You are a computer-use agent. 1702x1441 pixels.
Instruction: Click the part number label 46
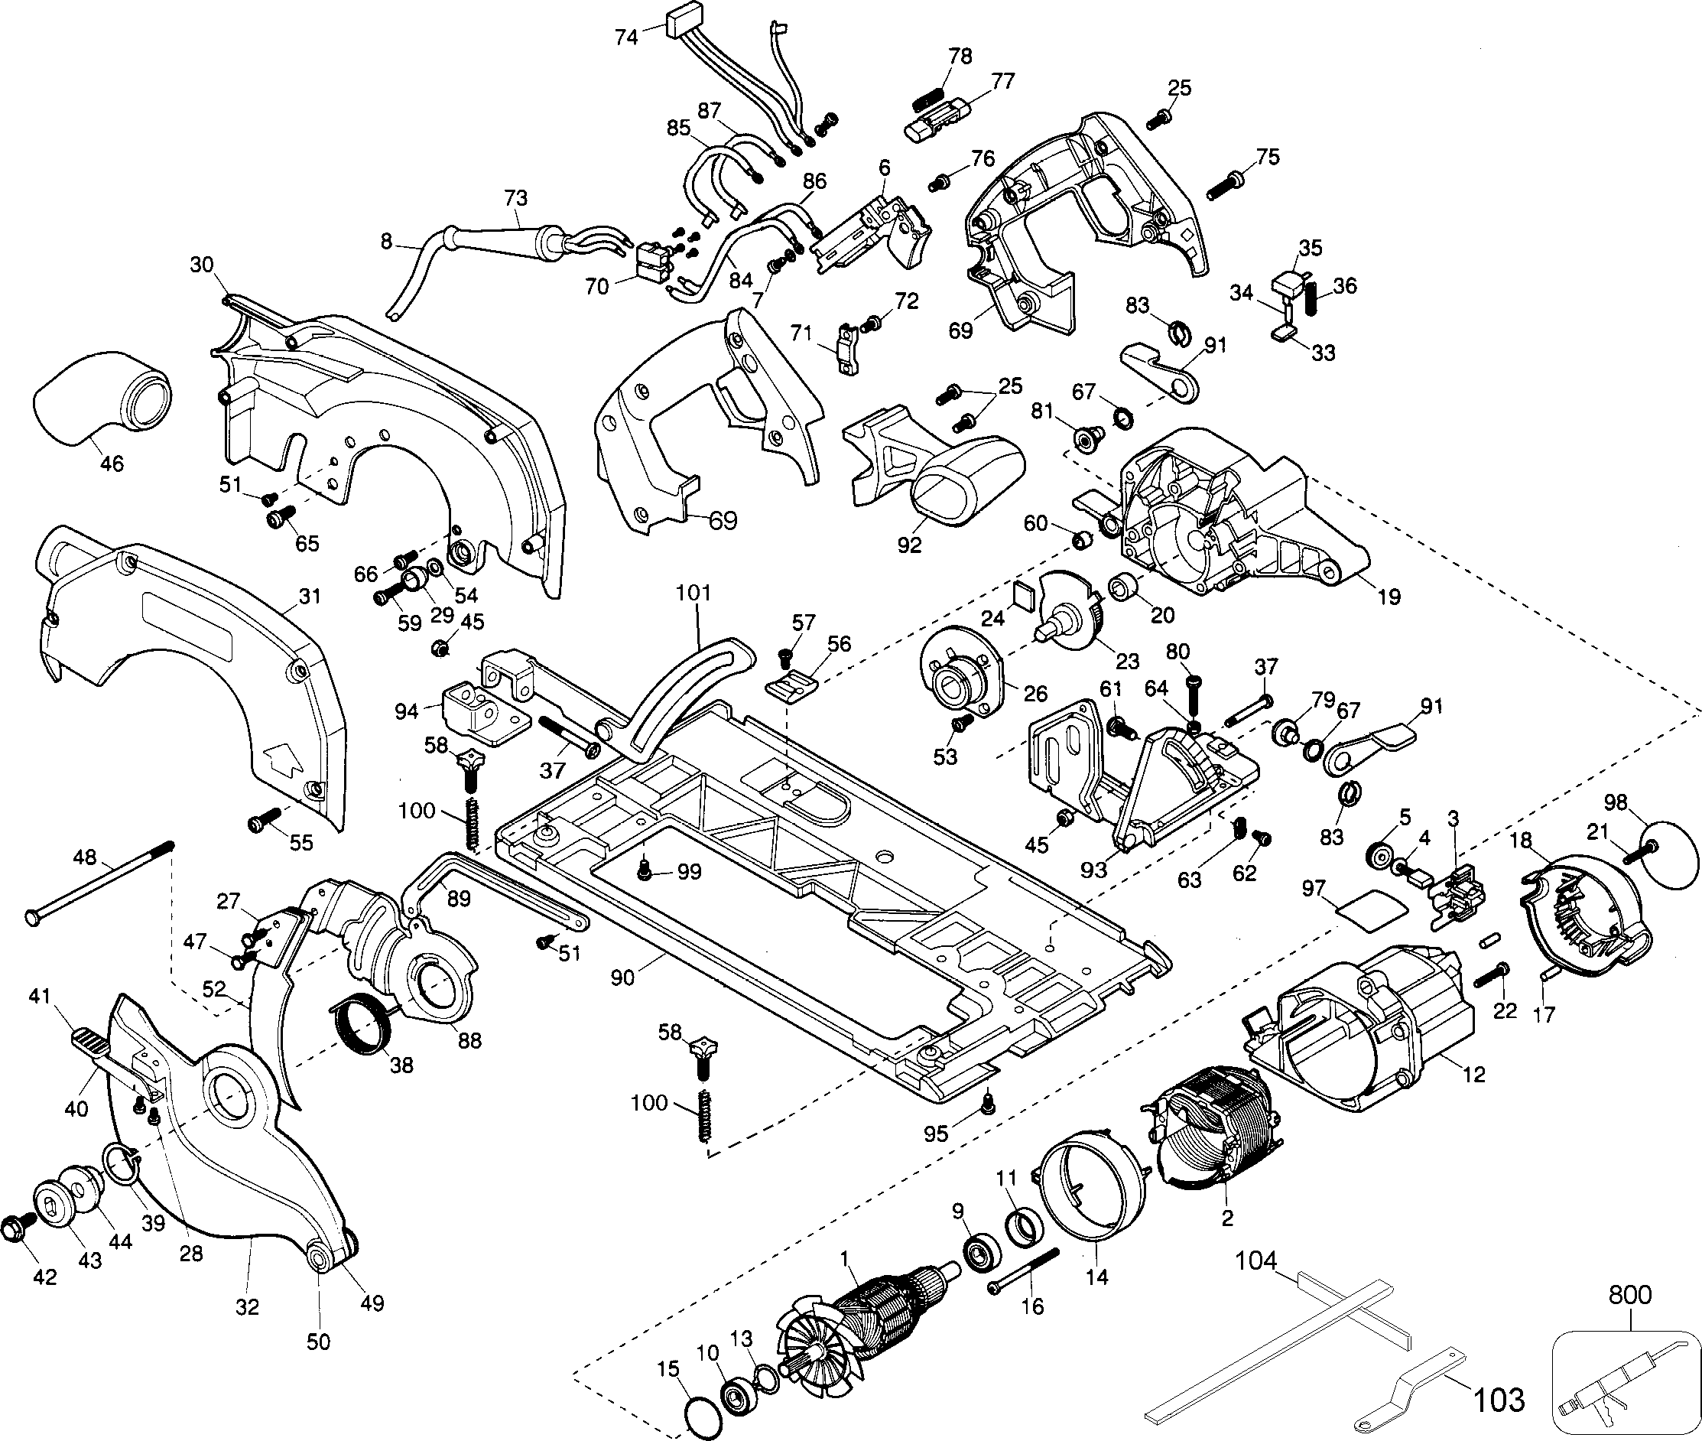pyautogui.click(x=111, y=464)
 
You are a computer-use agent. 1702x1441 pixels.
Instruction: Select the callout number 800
pyautogui.click(x=1629, y=1295)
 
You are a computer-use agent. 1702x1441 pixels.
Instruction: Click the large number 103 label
pyautogui.click(x=1499, y=1400)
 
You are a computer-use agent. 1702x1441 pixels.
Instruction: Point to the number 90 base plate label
pyautogui.click(x=622, y=976)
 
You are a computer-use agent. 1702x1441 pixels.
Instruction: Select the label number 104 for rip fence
pyautogui.click(x=1255, y=1261)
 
